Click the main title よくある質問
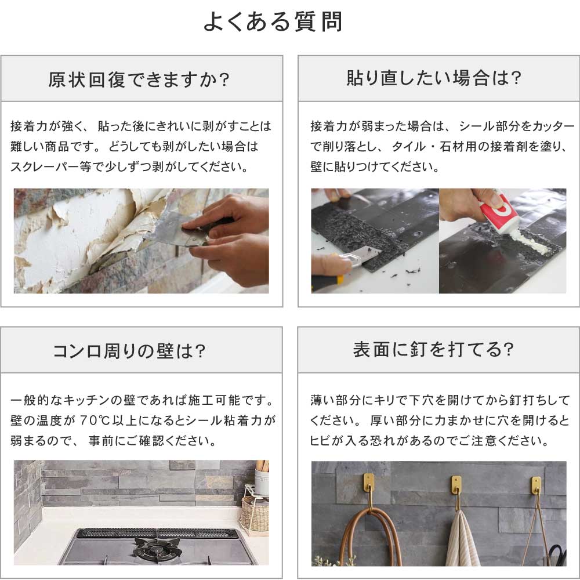coord(273,21)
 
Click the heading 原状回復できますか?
coord(139,79)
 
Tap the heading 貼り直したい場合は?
coord(434,78)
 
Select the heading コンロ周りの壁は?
coord(129,351)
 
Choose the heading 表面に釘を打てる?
coord(433,349)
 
